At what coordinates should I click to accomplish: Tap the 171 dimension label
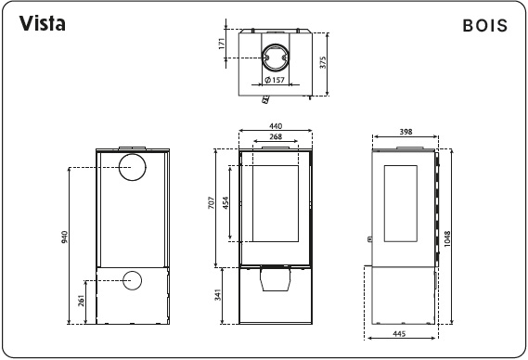point(223,44)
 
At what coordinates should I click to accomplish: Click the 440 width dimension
point(275,125)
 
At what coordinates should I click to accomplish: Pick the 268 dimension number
point(275,136)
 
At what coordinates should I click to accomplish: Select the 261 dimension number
point(81,301)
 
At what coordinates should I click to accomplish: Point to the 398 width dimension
point(405,132)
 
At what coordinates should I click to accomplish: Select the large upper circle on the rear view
point(132,168)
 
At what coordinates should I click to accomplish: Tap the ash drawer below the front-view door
point(274,277)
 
